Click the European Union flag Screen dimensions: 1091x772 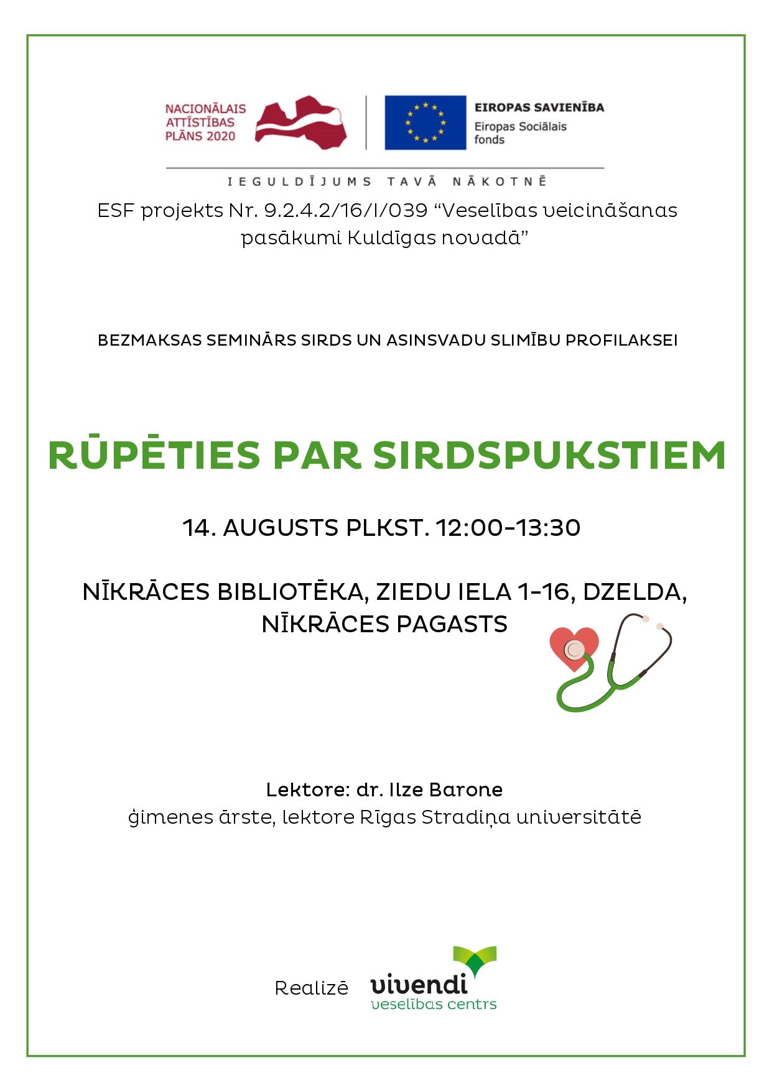(x=425, y=122)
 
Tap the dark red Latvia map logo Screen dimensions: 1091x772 (x=300, y=122)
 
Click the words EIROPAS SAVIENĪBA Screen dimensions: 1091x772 (x=539, y=108)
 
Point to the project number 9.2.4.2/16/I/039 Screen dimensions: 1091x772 (x=346, y=211)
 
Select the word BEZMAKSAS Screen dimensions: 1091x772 (x=150, y=341)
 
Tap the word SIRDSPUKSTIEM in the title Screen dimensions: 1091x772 (x=549, y=456)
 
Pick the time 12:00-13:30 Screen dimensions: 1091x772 (x=508, y=528)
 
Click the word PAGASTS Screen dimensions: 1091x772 (x=452, y=624)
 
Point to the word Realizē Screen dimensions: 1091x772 (x=312, y=988)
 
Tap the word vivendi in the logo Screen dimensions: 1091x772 (x=419, y=984)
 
